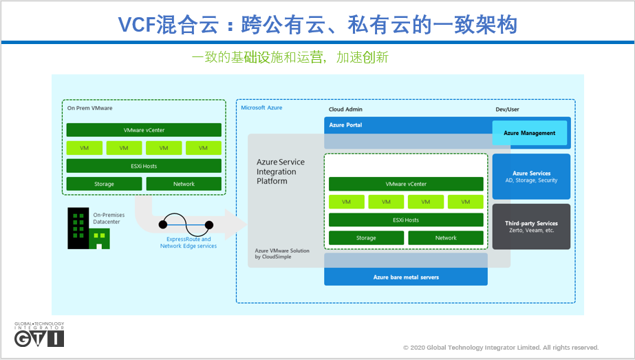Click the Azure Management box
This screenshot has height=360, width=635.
(530, 133)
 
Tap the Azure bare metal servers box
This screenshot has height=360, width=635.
(406, 277)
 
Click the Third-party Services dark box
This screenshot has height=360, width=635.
(531, 226)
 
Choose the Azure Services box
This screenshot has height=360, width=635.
(531, 177)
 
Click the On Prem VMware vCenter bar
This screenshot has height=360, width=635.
(144, 130)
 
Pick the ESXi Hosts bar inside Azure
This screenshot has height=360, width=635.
(406, 220)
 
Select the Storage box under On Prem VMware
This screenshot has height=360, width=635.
(105, 184)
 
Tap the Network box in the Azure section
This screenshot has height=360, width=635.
(446, 238)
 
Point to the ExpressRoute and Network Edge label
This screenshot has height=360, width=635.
(189, 242)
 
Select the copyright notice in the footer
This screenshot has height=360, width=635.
(501, 348)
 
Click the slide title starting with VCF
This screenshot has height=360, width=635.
(317, 25)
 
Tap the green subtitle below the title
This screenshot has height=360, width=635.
(290, 57)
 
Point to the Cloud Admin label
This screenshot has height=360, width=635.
(345, 109)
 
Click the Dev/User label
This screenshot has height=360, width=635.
(507, 109)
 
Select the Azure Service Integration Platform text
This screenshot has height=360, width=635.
(280, 171)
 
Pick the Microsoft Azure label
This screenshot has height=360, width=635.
(261, 108)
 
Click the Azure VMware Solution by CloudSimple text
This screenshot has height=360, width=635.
(282, 254)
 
